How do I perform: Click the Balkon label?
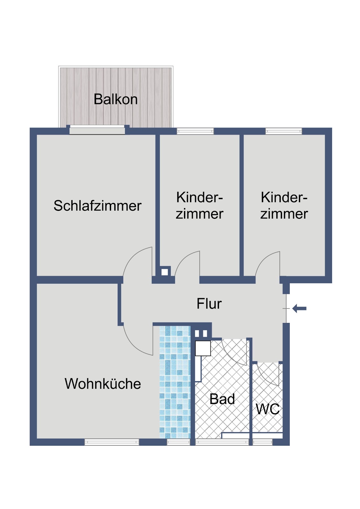(x=116, y=99)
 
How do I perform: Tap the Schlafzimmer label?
(x=98, y=206)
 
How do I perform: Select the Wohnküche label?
(x=103, y=384)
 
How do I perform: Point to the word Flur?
(x=209, y=303)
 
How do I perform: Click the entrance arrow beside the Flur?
(x=299, y=309)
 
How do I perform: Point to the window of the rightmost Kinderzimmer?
(x=284, y=131)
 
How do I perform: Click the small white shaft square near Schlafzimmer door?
(x=165, y=272)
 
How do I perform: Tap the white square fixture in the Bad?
(x=203, y=348)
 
